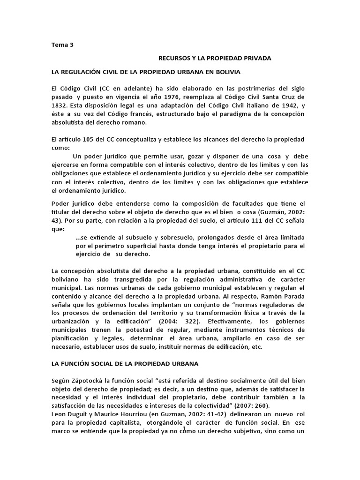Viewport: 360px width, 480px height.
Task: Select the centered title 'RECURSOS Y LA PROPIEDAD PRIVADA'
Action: point(215,58)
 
